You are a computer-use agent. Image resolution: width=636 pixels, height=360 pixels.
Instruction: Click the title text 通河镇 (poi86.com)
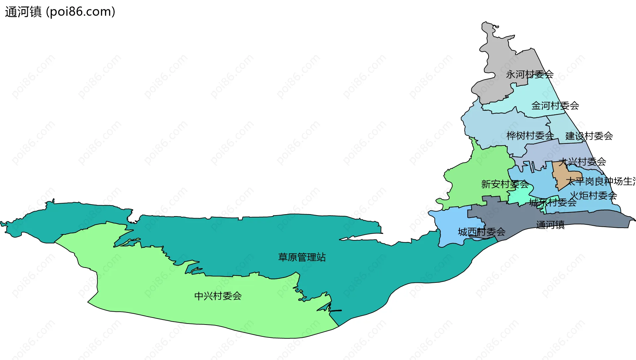pyautogui.click(x=60, y=12)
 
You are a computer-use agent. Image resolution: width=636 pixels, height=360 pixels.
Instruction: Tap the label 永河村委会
pyautogui.click(x=530, y=75)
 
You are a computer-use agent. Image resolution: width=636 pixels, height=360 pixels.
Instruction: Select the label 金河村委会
pyautogui.click(x=555, y=106)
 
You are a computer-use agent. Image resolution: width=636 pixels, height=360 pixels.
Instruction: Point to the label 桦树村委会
pyautogui.click(x=530, y=136)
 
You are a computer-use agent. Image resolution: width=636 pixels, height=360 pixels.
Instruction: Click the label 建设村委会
pyautogui.click(x=589, y=136)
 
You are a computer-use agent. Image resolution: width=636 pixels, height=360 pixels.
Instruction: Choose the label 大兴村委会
pyautogui.click(x=582, y=162)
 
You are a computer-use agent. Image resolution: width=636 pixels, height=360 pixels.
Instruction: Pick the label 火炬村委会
pyautogui.click(x=593, y=196)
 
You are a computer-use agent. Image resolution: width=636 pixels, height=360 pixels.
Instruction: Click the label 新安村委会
pyautogui.click(x=505, y=184)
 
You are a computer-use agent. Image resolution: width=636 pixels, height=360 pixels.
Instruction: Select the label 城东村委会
pyautogui.click(x=553, y=202)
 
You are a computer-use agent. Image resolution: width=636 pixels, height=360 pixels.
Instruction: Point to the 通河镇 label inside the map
pyautogui.click(x=550, y=225)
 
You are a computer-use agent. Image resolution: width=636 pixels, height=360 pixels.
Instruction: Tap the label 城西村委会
pyautogui.click(x=482, y=232)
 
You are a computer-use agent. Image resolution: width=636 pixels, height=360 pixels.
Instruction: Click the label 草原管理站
pyautogui.click(x=302, y=257)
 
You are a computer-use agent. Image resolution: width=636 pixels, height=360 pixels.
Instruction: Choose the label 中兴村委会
pyautogui.click(x=218, y=296)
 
